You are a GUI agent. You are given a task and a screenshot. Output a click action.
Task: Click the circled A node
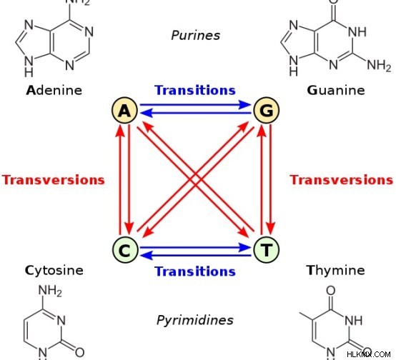coord(125,110)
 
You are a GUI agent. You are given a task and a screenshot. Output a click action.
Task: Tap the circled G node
coord(267,110)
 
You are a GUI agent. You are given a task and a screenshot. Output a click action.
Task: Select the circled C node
coord(125,250)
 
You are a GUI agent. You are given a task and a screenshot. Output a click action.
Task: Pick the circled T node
coord(267,250)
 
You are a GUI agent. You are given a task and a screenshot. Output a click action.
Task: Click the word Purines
coord(195,35)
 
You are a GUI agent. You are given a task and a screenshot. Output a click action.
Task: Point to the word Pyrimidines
coord(195,321)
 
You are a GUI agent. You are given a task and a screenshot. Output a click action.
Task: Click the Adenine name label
coord(54,91)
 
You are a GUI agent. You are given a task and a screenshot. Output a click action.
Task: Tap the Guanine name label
coord(336,91)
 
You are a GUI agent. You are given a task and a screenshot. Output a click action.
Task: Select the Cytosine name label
coord(54,271)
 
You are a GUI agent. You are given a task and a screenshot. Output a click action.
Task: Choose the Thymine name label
coord(336,270)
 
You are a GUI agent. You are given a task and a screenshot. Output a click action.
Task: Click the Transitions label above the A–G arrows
coord(195,90)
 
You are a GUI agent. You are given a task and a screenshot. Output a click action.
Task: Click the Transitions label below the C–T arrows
coord(195,271)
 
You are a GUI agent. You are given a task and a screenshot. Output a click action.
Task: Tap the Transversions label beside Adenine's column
coord(54,180)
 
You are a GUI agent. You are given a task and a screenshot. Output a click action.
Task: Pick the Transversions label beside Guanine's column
coord(342,180)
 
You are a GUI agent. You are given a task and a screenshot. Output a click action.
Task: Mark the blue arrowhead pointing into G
coord(244,104)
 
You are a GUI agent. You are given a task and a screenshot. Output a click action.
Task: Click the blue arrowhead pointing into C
coord(147,256)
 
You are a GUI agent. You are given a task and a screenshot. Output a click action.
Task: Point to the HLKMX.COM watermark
coord(369,354)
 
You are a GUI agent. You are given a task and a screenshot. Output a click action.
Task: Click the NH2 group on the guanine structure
coord(379,65)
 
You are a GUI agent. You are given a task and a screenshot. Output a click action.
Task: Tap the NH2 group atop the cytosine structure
coord(50,291)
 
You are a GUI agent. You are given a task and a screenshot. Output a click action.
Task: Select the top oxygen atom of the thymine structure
coord(331,290)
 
